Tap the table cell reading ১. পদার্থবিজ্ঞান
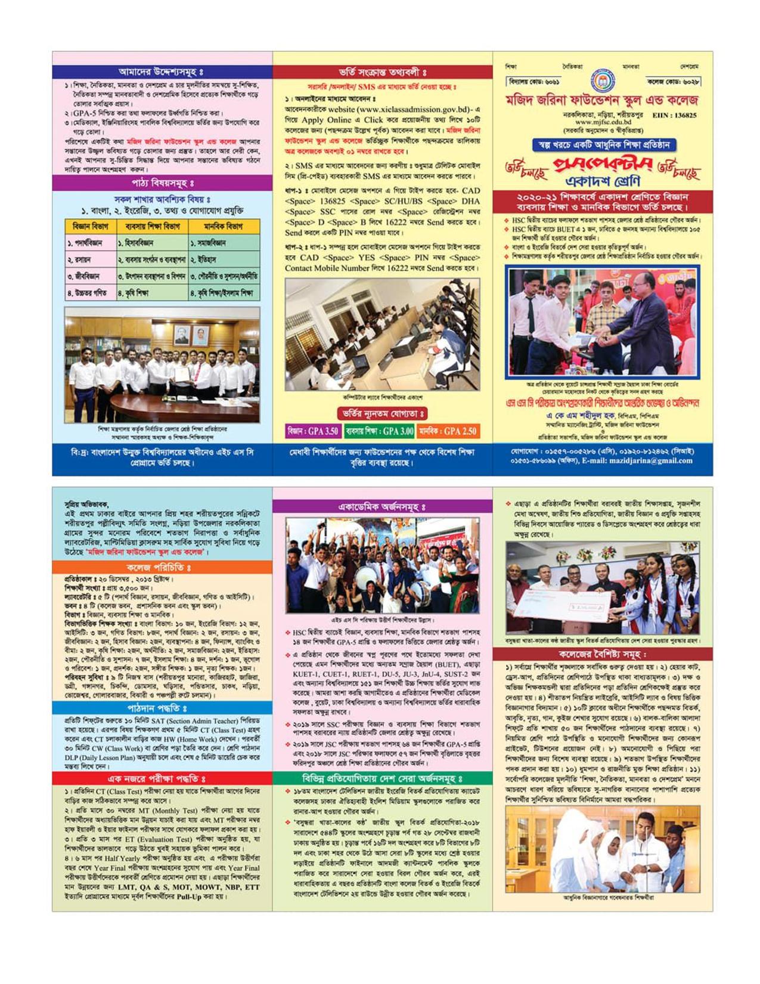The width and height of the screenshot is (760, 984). [90, 243]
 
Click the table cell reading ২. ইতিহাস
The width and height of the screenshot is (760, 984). [224, 260]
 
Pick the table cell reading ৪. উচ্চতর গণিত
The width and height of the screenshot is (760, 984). [90, 293]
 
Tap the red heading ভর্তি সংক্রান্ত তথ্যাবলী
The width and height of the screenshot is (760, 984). [382, 72]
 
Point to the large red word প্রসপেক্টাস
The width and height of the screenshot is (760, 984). [603, 166]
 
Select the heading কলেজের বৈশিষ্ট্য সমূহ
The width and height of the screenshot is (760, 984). [603, 654]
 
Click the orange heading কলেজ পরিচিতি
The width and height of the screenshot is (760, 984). [162, 567]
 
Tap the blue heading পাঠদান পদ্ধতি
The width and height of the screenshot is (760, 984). [162, 708]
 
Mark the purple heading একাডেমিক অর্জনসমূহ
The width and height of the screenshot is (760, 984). [382, 507]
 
